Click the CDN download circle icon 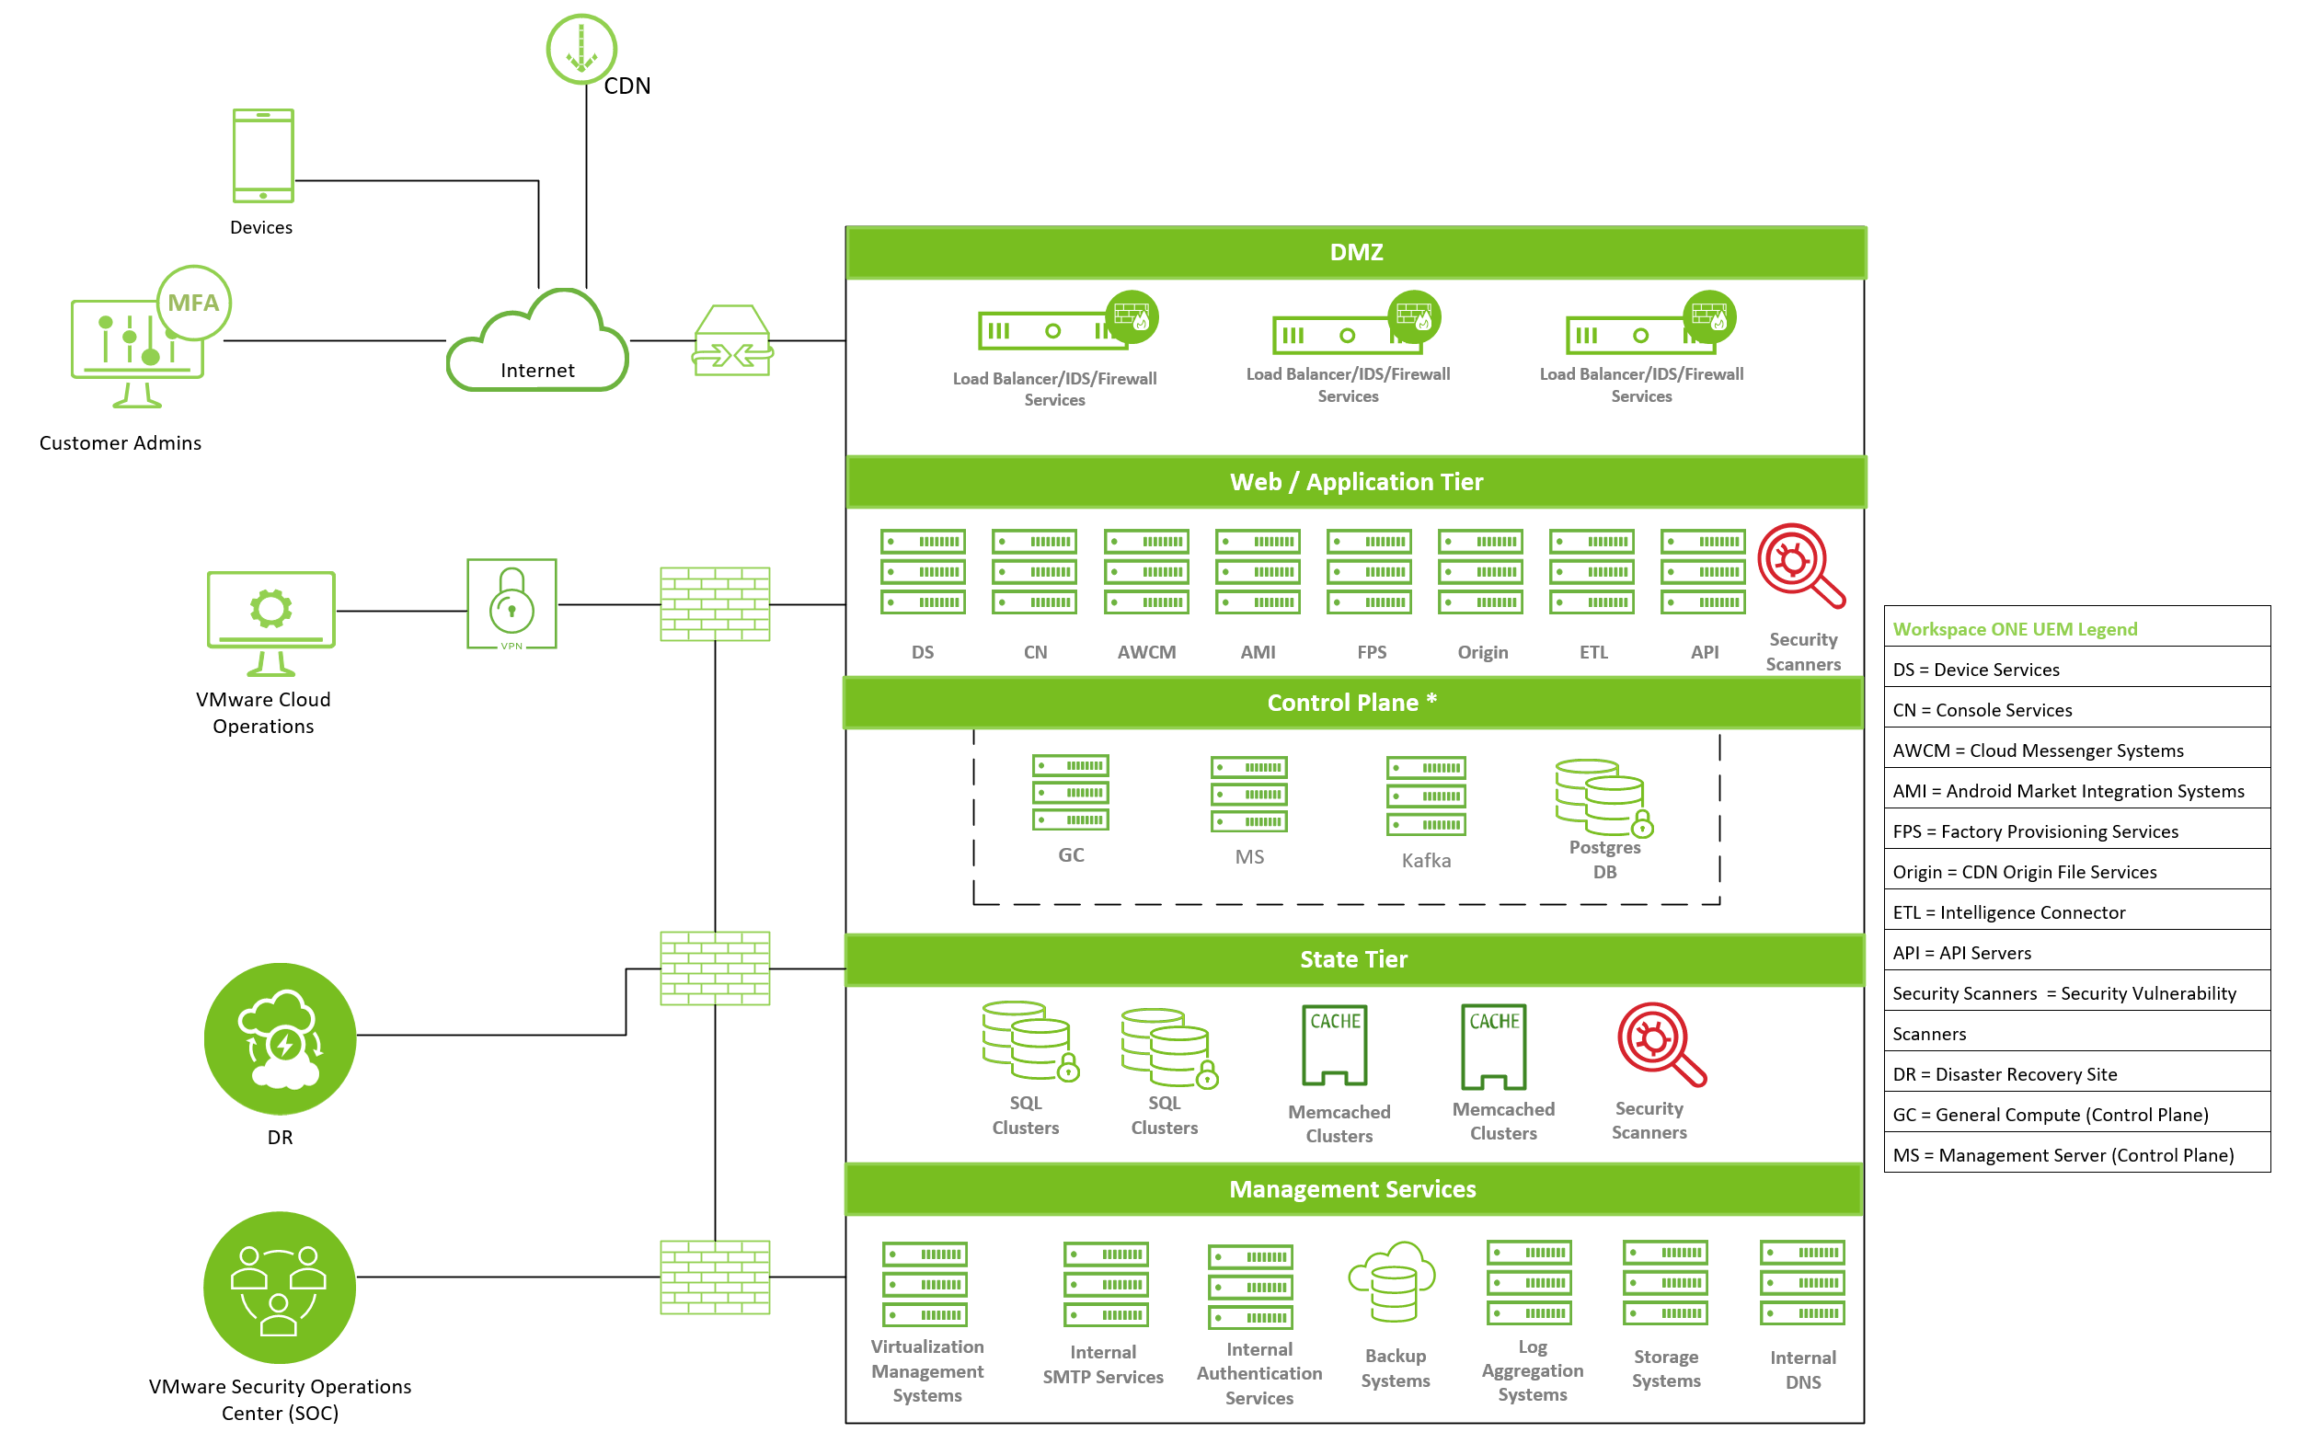[580, 49]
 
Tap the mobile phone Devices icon [263, 155]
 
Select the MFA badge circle [194, 304]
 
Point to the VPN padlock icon [511, 604]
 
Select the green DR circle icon [280, 1038]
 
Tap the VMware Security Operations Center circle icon [279, 1288]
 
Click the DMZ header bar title [1355, 252]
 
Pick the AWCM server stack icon [1146, 572]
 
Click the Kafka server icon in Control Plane [1426, 796]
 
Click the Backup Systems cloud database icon [1393, 1282]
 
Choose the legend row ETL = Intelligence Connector [2009, 912]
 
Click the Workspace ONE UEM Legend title [2015, 629]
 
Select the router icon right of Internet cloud [733, 340]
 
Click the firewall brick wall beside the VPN [715, 604]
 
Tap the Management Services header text [1352, 1189]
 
